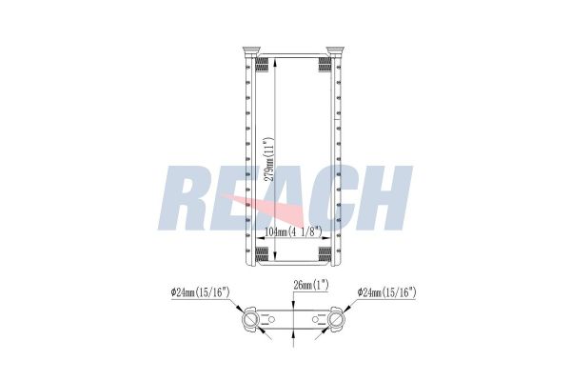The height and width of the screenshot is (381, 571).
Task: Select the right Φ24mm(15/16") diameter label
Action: (386, 292)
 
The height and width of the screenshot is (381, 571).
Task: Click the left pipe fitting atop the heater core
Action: (252, 50)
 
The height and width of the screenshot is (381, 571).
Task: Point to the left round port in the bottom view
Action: (252, 321)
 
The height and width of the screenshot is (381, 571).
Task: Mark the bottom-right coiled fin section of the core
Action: (325, 253)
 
